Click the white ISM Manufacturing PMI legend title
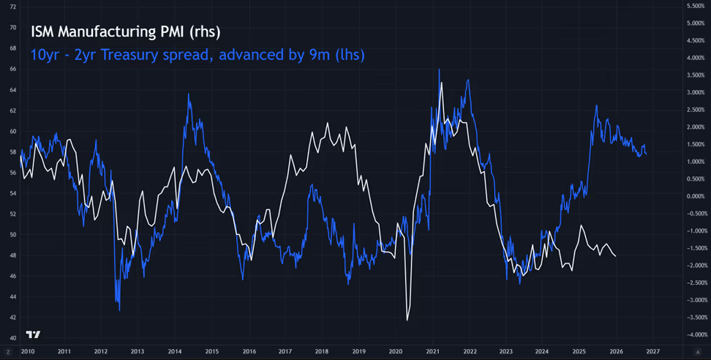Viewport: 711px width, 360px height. click(x=125, y=32)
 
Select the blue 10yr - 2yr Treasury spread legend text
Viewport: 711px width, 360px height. click(x=197, y=55)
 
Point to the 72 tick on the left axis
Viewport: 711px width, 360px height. click(x=12, y=7)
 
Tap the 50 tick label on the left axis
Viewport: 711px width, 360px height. click(x=12, y=235)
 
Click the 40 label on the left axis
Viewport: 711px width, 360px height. click(x=12, y=338)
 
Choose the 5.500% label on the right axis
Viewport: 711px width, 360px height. click(x=695, y=7)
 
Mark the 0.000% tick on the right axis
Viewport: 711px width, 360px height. click(x=695, y=196)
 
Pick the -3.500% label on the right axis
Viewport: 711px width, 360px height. click(x=695, y=318)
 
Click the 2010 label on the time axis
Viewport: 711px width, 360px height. click(x=27, y=352)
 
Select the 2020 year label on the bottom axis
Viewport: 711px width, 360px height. click(x=396, y=352)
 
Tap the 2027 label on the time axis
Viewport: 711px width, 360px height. click(x=653, y=352)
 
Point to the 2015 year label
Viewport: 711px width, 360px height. click(x=211, y=352)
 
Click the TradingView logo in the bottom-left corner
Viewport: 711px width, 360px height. click(x=33, y=334)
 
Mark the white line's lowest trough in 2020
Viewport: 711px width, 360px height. click(x=407, y=320)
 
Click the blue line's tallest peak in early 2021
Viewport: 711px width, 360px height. click(x=439, y=70)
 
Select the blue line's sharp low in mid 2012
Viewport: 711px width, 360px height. click(x=119, y=310)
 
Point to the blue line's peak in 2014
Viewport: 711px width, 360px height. click(x=189, y=94)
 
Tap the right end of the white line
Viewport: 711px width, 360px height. click(x=615, y=256)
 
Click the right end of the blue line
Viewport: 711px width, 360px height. click(x=646, y=154)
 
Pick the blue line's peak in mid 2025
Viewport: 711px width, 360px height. click(x=596, y=105)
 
